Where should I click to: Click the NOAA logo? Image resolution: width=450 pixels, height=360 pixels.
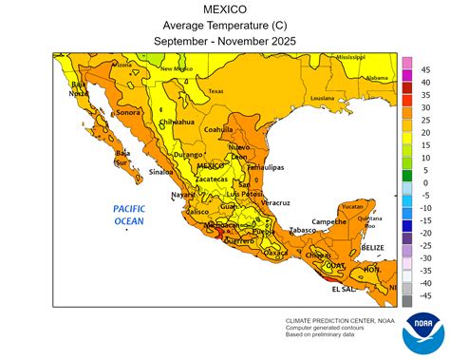tap(421, 332)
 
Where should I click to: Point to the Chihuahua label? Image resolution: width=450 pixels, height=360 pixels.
tap(178, 123)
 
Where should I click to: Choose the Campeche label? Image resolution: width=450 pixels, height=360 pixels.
tap(328, 221)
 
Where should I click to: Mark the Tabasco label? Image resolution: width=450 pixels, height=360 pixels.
tap(302, 230)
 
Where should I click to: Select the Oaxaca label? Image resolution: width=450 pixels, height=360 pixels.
tap(275, 254)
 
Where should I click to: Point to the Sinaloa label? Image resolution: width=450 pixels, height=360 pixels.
tap(160, 172)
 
